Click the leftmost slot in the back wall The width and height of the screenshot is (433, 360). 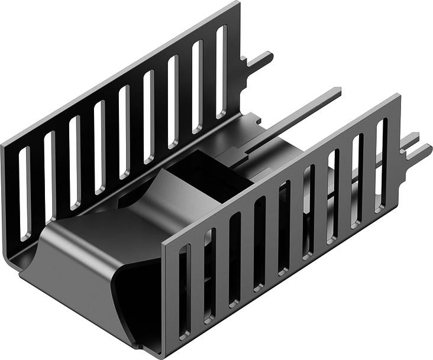24,193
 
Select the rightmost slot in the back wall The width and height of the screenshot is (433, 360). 221,71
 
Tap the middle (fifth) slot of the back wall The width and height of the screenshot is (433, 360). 124,132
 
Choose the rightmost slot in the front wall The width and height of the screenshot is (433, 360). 382,157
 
